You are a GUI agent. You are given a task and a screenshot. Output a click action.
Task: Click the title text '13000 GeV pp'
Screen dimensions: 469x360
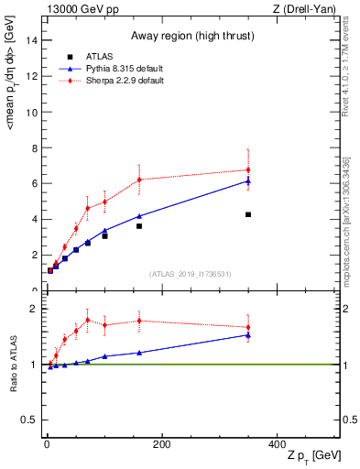pos(78,10)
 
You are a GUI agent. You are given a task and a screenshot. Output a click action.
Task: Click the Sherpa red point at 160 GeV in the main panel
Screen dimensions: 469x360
pos(139,180)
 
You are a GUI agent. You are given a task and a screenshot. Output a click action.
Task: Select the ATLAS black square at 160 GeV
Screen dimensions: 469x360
pos(139,225)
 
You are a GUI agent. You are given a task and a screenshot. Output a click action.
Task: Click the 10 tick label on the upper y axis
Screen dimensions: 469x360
pos(33,112)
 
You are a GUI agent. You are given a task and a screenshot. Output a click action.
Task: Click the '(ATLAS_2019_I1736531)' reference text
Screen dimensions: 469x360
pos(191,274)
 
